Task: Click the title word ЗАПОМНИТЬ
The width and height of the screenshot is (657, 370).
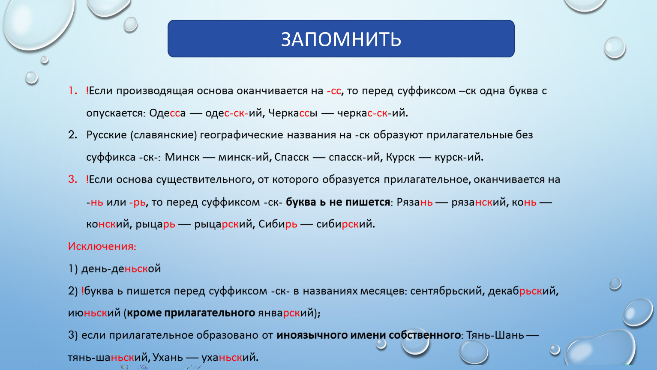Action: [341, 39]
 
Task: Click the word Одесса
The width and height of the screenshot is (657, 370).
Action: [168, 113]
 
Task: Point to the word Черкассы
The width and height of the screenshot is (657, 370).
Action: [293, 113]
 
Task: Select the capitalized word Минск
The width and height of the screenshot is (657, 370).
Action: [182, 157]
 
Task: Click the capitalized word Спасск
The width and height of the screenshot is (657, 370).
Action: [291, 157]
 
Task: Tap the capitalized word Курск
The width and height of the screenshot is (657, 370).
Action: [400, 157]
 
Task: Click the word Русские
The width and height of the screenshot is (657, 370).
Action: [106, 135]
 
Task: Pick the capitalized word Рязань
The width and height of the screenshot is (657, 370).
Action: [414, 202]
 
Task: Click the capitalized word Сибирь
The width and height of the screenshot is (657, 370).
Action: [278, 224]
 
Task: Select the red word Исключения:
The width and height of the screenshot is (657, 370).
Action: [102, 246]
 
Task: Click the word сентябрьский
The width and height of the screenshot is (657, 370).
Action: [446, 291]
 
